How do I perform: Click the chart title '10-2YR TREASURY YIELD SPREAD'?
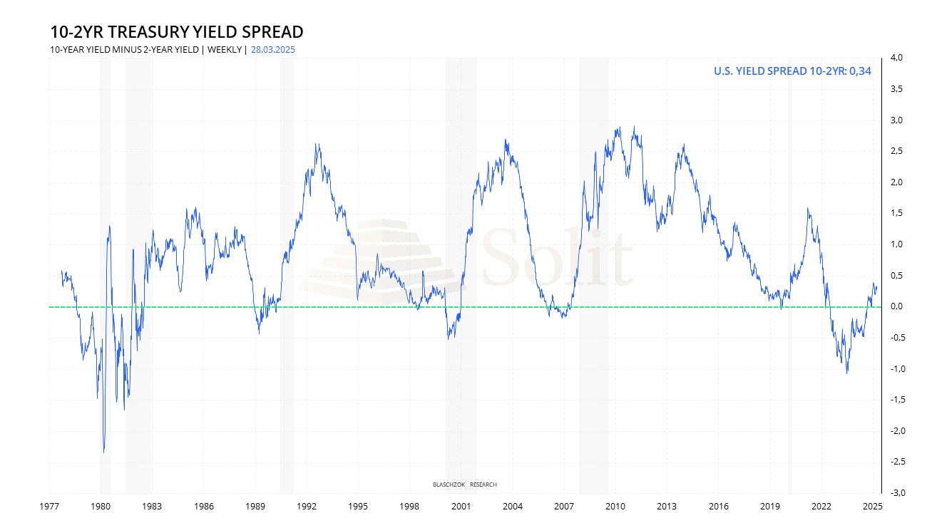tap(177, 32)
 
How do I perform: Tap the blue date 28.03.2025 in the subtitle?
tap(273, 50)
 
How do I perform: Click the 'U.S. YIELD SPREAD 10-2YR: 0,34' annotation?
tap(792, 71)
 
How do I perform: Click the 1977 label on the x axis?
tap(49, 507)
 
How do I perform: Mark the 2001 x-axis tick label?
tap(461, 507)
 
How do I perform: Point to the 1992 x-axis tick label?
tap(307, 507)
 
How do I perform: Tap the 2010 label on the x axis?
tap(615, 507)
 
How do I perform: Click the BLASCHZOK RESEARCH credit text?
tap(465, 485)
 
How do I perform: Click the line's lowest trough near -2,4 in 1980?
tap(104, 452)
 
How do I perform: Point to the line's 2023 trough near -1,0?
tap(847, 373)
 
